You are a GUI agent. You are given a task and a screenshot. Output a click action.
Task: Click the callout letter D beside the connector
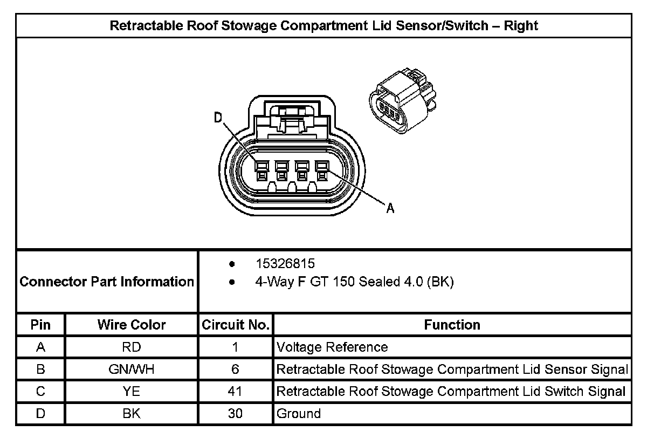[x=218, y=118]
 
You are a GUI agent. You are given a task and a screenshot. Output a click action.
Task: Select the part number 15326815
[x=285, y=264]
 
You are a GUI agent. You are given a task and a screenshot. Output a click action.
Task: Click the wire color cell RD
[x=132, y=347]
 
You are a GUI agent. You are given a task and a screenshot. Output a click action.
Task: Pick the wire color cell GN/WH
[x=132, y=369]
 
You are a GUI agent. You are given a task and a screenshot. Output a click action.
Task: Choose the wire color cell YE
[x=132, y=392]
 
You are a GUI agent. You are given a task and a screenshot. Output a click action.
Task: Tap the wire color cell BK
[x=132, y=414]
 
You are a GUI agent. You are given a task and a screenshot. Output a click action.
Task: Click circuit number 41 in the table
[x=235, y=392]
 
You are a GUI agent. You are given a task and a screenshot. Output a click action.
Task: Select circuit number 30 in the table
[x=235, y=414]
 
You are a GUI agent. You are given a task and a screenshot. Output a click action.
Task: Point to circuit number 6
[x=235, y=369]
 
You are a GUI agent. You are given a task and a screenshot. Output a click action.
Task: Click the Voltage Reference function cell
[x=332, y=347]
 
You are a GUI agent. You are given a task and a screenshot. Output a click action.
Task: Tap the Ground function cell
[x=298, y=414]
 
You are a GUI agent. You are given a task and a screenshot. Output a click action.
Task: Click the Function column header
[x=452, y=325]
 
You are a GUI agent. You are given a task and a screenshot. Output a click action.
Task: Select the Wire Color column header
[x=132, y=325]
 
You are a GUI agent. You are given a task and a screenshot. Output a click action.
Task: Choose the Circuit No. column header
[x=235, y=325]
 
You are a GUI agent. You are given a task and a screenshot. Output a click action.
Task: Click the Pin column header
[x=40, y=325]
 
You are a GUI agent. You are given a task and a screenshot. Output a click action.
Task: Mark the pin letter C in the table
[x=40, y=392]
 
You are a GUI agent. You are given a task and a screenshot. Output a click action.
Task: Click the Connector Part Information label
[x=107, y=282]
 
